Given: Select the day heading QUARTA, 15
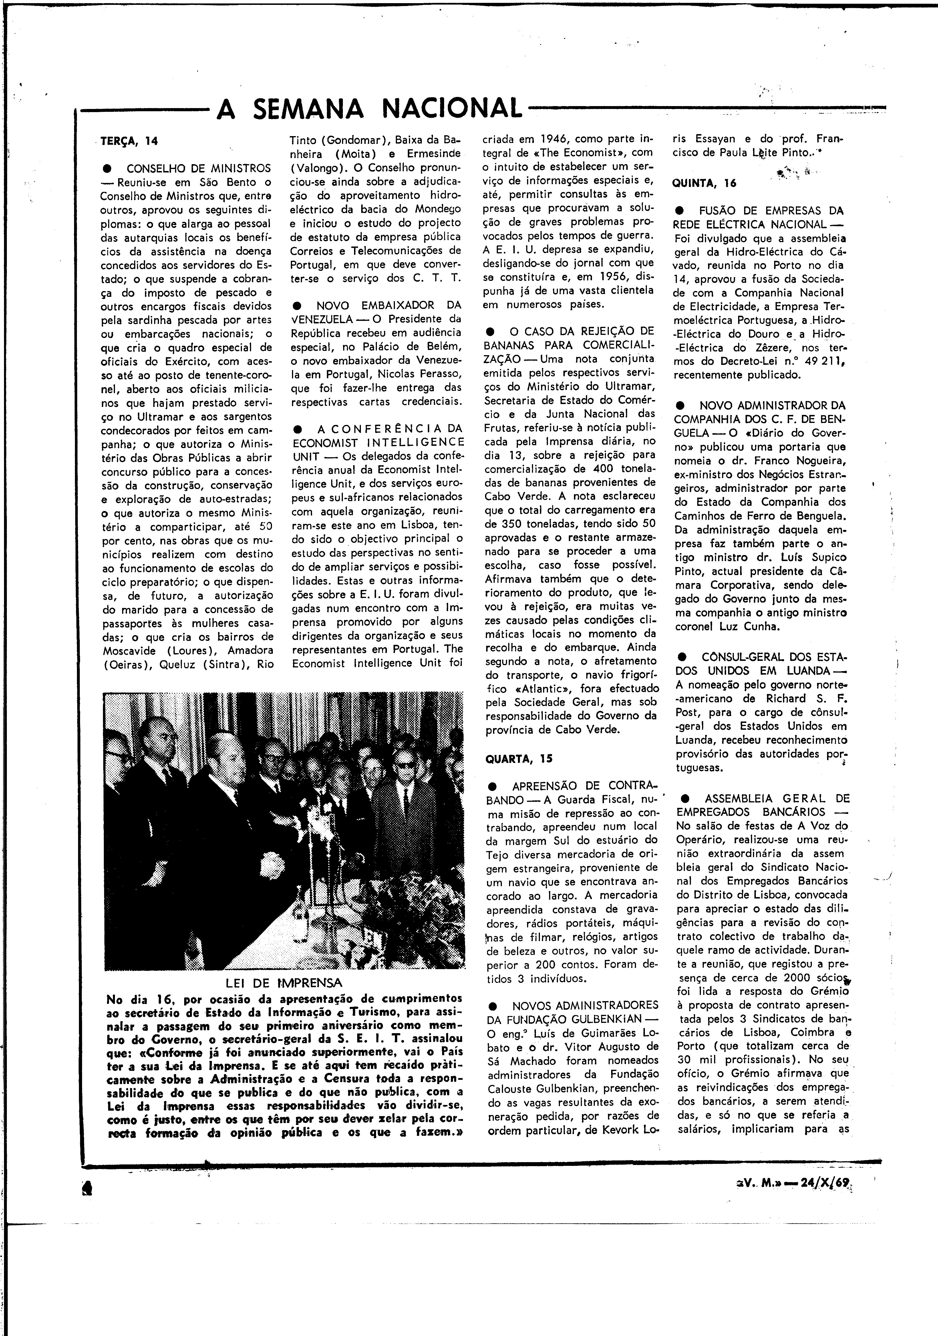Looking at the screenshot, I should (x=518, y=759).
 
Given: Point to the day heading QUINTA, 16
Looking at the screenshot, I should (x=704, y=183).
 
